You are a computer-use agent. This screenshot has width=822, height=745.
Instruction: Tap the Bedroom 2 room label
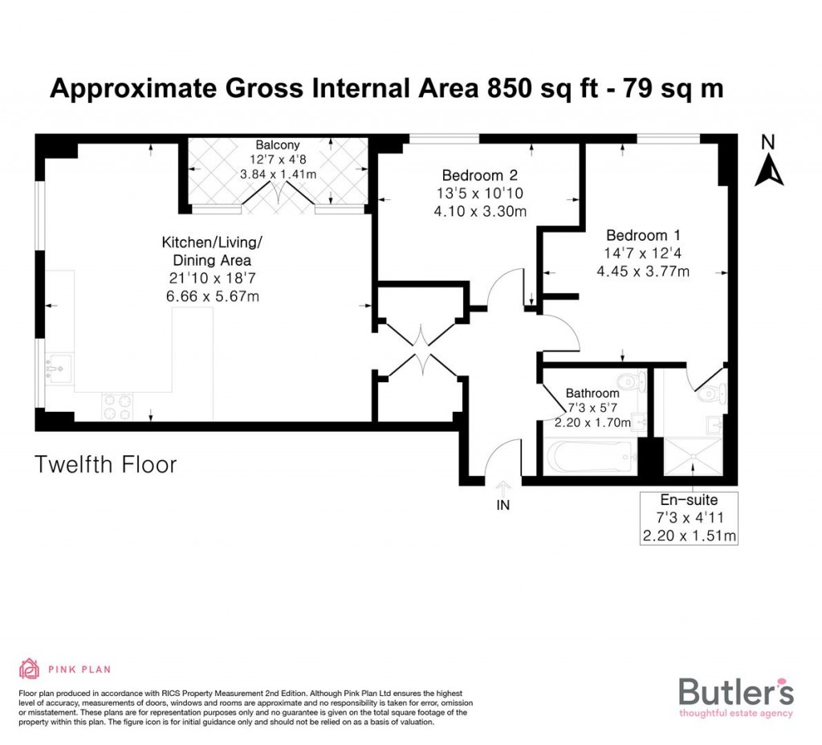tap(479, 176)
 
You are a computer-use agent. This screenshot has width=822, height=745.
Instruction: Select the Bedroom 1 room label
tap(643, 235)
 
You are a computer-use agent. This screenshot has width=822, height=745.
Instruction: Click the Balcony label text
tap(278, 145)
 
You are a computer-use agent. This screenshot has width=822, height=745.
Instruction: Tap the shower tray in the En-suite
tap(691, 458)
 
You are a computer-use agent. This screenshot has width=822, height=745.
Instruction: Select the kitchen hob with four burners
tap(116, 405)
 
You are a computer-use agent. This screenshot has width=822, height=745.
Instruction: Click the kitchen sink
tap(59, 368)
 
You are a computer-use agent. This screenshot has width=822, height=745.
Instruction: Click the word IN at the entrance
tap(503, 506)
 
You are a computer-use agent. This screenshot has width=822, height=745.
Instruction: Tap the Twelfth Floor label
tap(105, 464)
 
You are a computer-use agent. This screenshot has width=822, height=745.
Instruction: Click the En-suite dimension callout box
tap(690, 518)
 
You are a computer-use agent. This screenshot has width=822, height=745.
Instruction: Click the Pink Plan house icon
tap(30, 669)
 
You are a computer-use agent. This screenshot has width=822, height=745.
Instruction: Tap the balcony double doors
tap(278, 196)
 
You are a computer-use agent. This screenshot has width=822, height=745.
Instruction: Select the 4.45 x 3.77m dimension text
tap(643, 271)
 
